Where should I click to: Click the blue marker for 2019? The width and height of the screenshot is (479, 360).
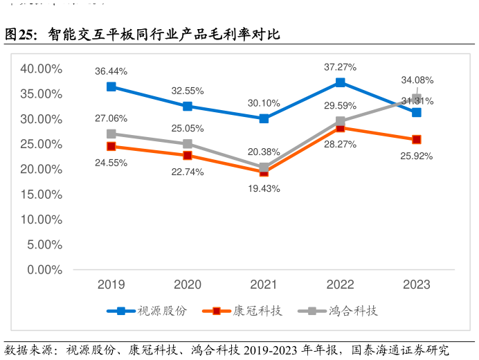(x=111, y=87)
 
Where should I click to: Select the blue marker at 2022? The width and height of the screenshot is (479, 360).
(x=341, y=82)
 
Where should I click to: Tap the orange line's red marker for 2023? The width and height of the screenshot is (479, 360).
(x=417, y=139)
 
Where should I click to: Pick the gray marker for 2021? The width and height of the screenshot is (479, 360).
(x=264, y=167)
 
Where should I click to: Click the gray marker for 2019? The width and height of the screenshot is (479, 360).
(x=111, y=134)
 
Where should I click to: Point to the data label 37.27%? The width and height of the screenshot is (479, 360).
(x=341, y=67)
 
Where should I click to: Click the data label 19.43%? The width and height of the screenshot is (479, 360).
(x=264, y=188)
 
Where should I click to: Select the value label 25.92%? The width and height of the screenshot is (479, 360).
(x=417, y=156)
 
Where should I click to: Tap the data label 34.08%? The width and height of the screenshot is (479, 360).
(x=417, y=80)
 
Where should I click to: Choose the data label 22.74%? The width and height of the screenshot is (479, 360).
(x=188, y=172)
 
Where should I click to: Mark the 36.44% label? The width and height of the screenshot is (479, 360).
(x=111, y=71)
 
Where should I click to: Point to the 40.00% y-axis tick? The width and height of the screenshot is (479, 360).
(x=42, y=69)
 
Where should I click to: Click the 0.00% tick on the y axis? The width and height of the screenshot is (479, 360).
(x=44, y=269)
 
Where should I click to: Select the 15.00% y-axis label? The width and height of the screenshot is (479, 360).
(x=42, y=195)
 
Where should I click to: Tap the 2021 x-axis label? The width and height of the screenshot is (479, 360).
(x=264, y=285)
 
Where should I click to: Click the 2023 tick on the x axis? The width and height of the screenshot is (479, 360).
(x=417, y=285)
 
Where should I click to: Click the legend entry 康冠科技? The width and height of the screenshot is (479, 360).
(x=257, y=311)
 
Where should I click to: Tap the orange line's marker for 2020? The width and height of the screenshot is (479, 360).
(x=188, y=155)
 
